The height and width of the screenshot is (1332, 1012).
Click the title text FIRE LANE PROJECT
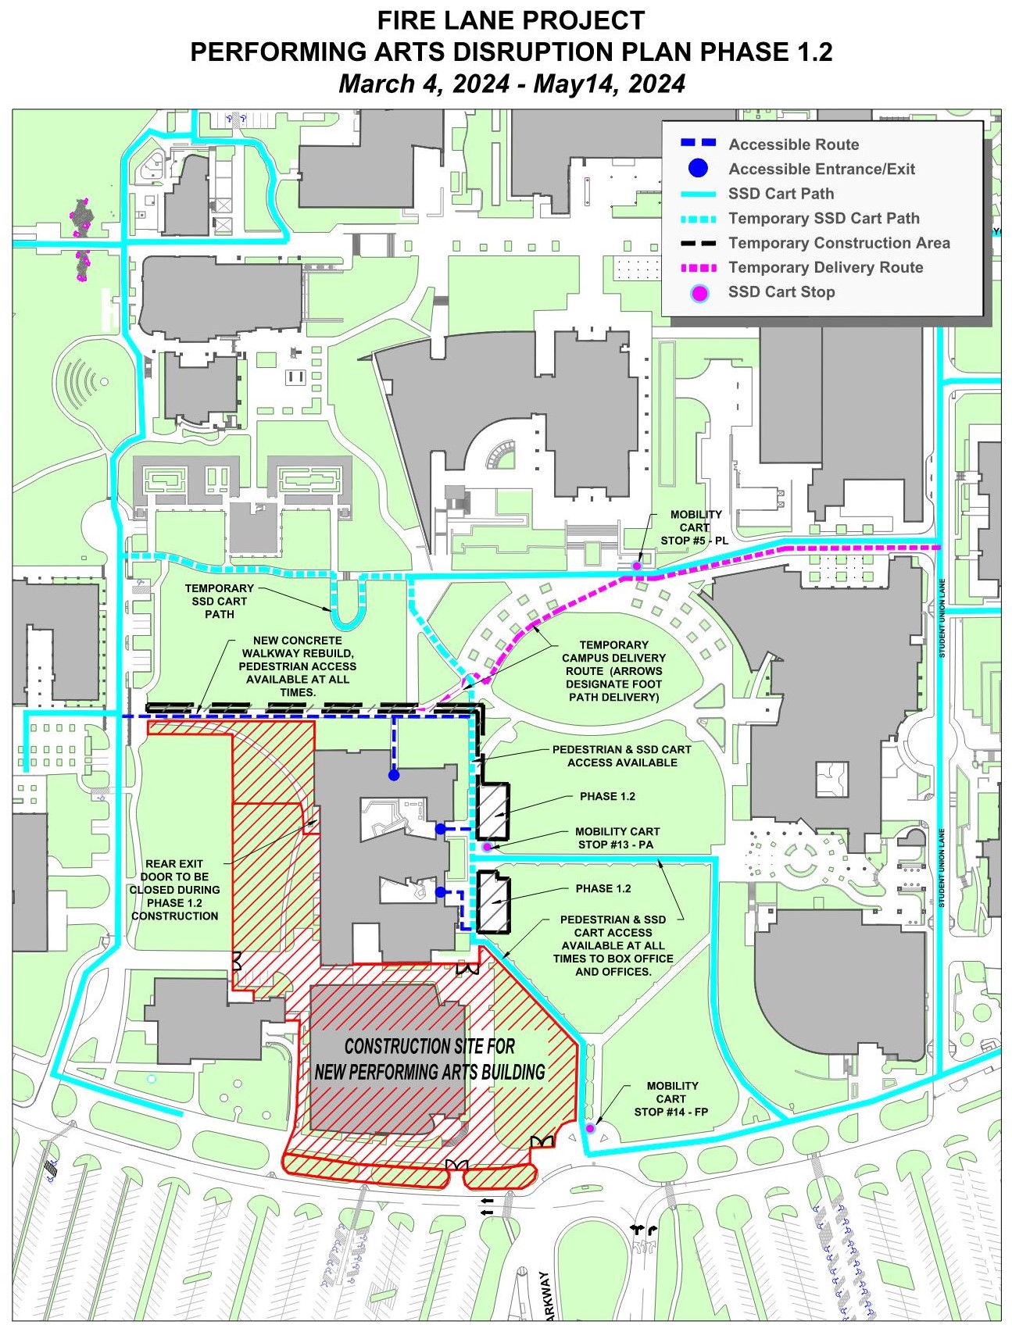(x=511, y=20)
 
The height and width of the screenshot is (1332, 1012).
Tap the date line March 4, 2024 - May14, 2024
(x=511, y=84)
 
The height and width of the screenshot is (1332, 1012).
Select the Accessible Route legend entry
(x=793, y=145)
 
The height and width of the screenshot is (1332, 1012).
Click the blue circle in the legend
(x=699, y=169)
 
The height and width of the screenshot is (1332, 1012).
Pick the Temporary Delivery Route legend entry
(x=825, y=268)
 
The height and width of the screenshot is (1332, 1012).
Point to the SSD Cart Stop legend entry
(x=781, y=292)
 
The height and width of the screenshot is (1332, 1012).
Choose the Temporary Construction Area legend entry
(x=839, y=243)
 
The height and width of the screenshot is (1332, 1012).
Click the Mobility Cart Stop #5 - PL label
(x=695, y=527)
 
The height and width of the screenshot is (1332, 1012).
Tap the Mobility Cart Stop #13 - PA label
(x=617, y=838)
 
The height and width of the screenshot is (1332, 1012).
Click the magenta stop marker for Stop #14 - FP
(x=590, y=1128)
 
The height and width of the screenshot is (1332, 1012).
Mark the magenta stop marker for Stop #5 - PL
(x=637, y=565)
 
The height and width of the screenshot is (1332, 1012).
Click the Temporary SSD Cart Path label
(x=219, y=602)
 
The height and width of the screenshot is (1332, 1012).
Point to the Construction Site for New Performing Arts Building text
(x=429, y=1059)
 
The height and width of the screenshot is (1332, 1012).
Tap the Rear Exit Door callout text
(x=174, y=890)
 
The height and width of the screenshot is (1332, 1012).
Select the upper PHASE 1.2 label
(x=607, y=796)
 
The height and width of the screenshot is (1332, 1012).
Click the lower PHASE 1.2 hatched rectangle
(x=493, y=903)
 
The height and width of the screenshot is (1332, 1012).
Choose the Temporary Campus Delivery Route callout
(x=613, y=671)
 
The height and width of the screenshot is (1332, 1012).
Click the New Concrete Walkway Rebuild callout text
(x=297, y=666)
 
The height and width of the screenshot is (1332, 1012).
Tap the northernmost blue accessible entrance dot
(x=394, y=775)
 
